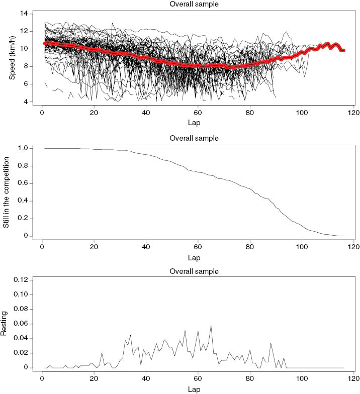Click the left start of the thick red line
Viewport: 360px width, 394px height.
[x=45, y=43]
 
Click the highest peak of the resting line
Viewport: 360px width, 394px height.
[x=211, y=326]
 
